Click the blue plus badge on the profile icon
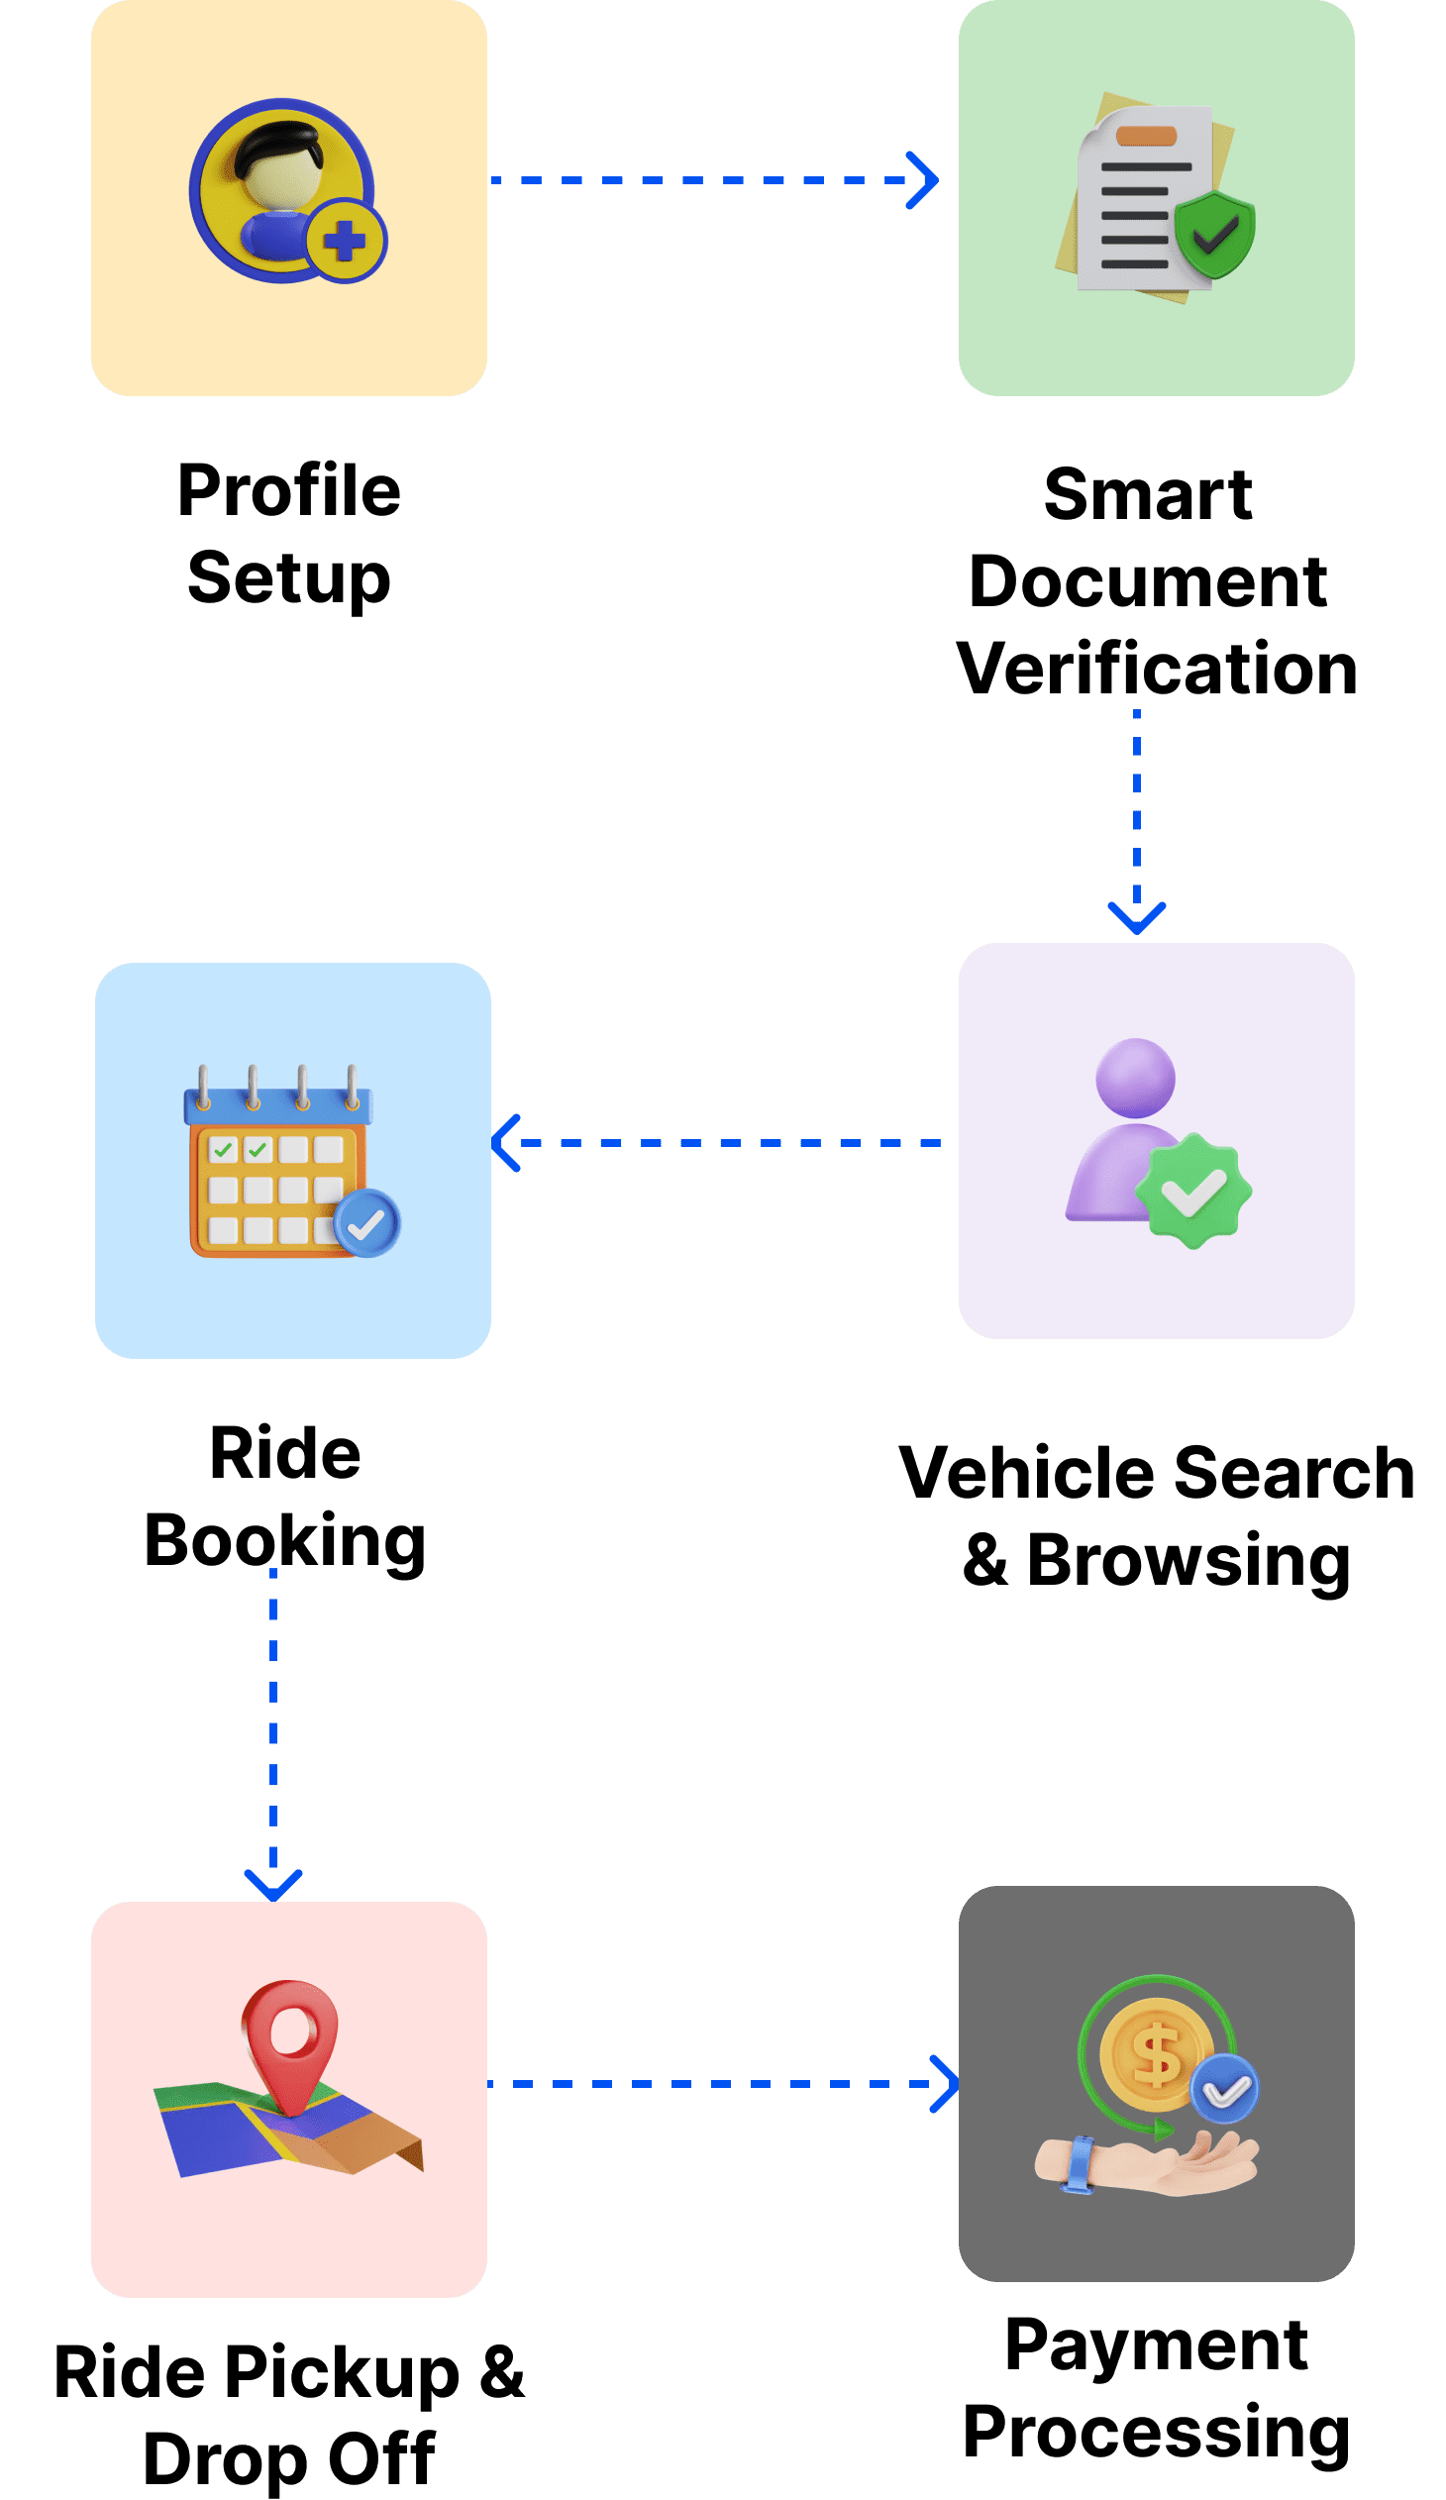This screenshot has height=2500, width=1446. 345,241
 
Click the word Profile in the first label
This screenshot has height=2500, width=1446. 288,490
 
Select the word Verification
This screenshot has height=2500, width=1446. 1157,668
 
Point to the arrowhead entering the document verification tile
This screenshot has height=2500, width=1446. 924,180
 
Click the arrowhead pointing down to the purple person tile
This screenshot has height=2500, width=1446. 1137,916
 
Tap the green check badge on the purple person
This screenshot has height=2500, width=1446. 1193,1191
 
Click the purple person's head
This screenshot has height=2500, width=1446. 1136,1078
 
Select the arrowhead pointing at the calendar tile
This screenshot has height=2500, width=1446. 506,1143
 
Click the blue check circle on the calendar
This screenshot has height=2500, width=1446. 367,1224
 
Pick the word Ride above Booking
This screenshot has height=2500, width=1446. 284,1454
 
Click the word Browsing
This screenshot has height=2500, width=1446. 1188,1560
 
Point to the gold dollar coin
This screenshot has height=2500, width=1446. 1157,2053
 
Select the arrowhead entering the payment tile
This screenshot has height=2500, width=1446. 945,2084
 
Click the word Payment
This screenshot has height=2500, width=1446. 1157,2346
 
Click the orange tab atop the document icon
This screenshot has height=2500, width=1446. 1146,136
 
